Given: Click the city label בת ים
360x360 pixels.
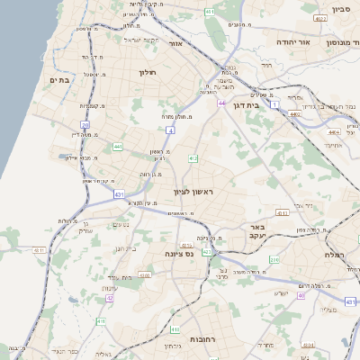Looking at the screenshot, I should click(58, 80).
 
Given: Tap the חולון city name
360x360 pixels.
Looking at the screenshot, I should click(148, 72).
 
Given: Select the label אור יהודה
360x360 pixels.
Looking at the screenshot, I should click(316, 42).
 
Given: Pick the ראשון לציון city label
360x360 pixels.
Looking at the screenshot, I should click(195, 192).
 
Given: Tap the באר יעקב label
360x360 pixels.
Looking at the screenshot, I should click(259, 231).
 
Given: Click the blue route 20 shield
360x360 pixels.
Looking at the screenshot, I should click(85, 125).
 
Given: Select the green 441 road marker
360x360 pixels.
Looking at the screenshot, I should click(118, 146).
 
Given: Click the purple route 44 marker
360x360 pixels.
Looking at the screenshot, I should click(221, 103).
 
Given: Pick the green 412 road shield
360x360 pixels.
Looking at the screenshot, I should click(193, 158).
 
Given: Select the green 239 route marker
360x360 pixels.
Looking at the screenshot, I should click(274, 260).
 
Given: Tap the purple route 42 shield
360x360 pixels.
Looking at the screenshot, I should click(110, 298).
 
